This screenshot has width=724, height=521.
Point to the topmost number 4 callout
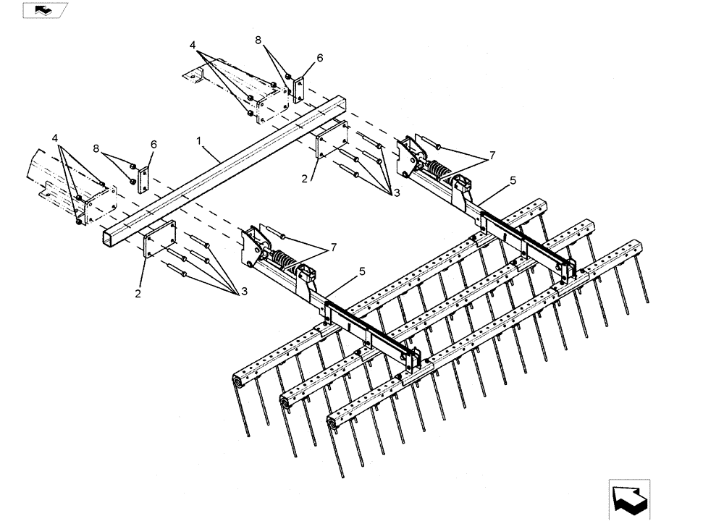pos(193,45)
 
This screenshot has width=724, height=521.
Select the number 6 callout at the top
pos(319,58)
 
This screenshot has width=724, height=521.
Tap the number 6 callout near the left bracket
pos(153,144)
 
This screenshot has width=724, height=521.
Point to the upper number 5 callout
pos(512,181)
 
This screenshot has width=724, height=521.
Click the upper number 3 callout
pos(395,193)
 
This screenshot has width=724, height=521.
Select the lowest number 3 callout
pos(243,291)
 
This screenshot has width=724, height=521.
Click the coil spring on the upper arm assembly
pos(437,170)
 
